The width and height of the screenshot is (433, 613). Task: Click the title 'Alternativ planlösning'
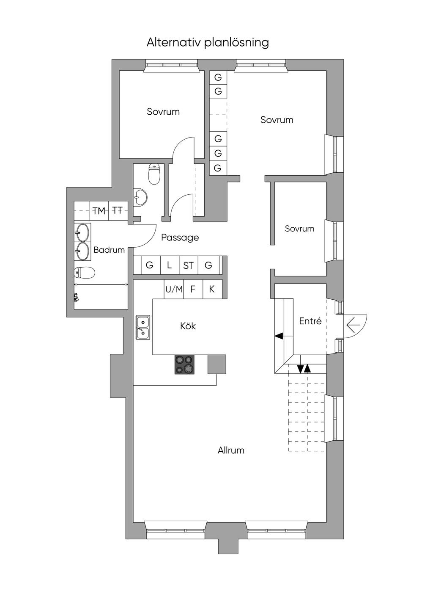(x=208, y=43)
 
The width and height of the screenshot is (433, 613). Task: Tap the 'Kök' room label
(x=188, y=326)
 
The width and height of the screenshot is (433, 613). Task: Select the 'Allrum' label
(x=231, y=450)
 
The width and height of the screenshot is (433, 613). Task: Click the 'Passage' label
(x=180, y=237)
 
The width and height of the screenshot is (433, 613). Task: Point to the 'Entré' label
(x=310, y=321)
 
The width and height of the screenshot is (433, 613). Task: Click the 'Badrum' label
(x=109, y=250)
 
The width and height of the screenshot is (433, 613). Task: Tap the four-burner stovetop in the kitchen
(x=184, y=364)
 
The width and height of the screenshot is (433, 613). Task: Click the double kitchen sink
(x=143, y=327)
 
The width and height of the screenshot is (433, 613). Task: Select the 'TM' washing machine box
(x=99, y=211)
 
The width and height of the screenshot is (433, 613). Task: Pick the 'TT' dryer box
(x=118, y=211)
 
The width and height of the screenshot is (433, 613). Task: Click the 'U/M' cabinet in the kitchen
(x=174, y=289)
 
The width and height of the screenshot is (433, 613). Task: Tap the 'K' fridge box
(x=212, y=289)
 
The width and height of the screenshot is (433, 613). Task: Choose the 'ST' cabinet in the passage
(x=189, y=265)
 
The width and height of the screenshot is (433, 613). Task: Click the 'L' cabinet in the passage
(x=170, y=265)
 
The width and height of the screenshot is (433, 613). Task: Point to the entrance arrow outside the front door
(x=354, y=326)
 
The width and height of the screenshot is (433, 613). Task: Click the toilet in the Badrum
(x=84, y=273)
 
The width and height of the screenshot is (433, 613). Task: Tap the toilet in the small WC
(x=154, y=174)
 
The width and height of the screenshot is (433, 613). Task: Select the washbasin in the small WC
(x=141, y=197)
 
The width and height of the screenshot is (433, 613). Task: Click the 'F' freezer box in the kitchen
(x=193, y=289)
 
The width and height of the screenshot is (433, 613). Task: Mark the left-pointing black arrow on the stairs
(x=280, y=336)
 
